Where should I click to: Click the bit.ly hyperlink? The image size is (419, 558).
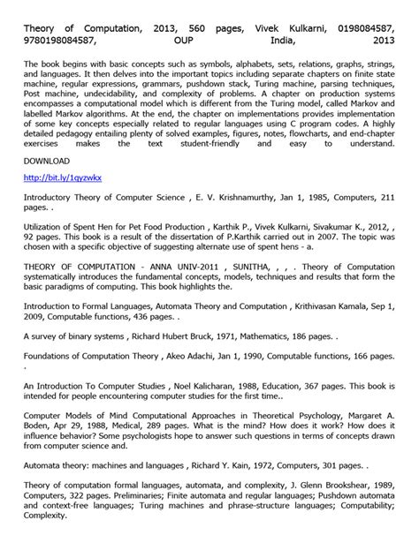coord(63,177)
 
